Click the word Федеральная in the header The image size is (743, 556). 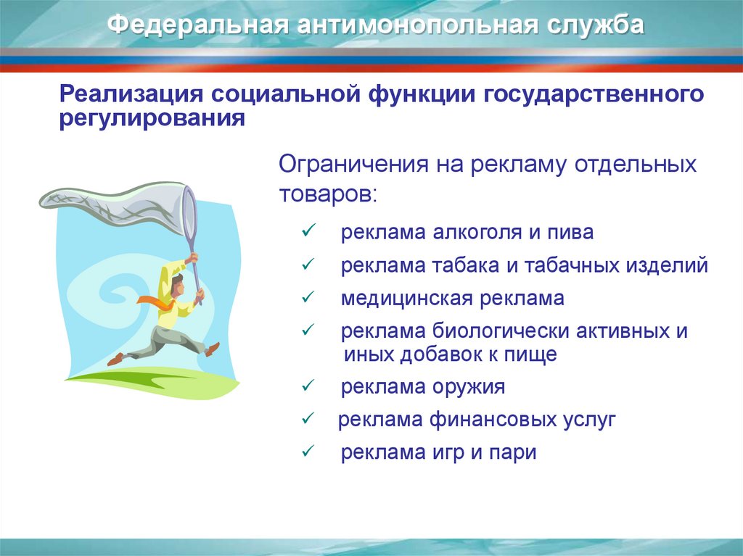(x=197, y=25)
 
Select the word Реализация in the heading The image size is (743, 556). (x=131, y=95)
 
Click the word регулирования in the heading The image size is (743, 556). (x=152, y=118)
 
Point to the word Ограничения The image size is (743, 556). (x=353, y=165)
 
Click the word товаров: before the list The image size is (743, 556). (x=328, y=194)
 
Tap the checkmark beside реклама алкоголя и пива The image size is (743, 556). (x=308, y=231)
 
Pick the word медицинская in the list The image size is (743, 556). (x=407, y=299)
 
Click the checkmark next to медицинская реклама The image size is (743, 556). (x=308, y=297)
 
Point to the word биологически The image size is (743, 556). (x=501, y=331)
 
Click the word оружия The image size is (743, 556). (x=469, y=387)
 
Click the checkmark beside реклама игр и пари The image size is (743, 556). (x=308, y=451)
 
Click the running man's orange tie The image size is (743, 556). (x=157, y=302)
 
